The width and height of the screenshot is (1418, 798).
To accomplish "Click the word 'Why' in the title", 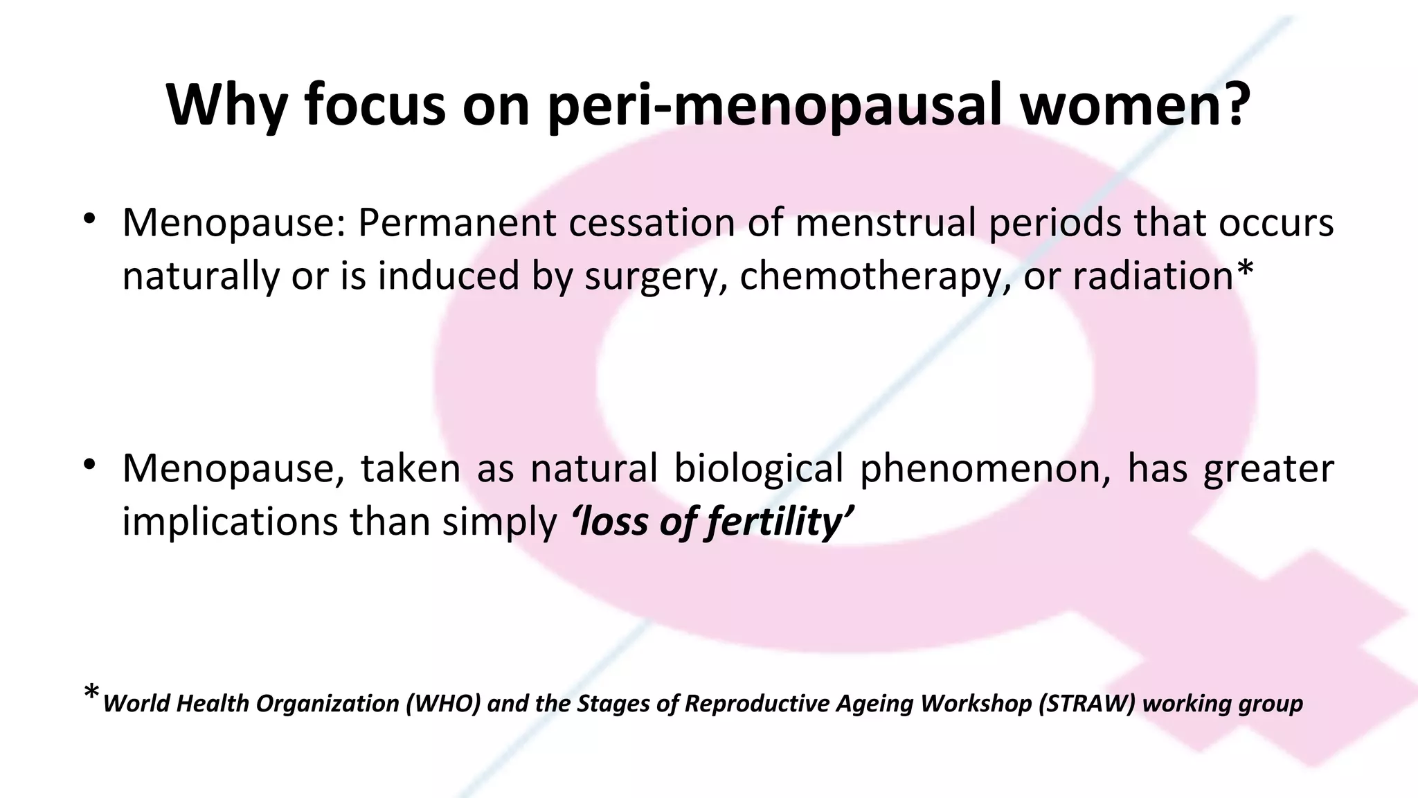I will tap(226, 105).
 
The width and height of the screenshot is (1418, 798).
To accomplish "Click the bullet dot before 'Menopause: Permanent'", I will tap(89, 220).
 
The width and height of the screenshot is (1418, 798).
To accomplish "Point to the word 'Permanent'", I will tap(457, 223).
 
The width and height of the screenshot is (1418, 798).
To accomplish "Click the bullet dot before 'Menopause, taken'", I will tap(89, 465).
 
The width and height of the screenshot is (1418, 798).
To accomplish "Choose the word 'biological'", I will tap(758, 468).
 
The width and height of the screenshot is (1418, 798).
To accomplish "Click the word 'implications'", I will tap(230, 522).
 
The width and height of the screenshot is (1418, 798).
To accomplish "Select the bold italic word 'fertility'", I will tap(773, 522).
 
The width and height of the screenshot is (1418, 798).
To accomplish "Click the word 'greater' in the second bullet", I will tap(1268, 468).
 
